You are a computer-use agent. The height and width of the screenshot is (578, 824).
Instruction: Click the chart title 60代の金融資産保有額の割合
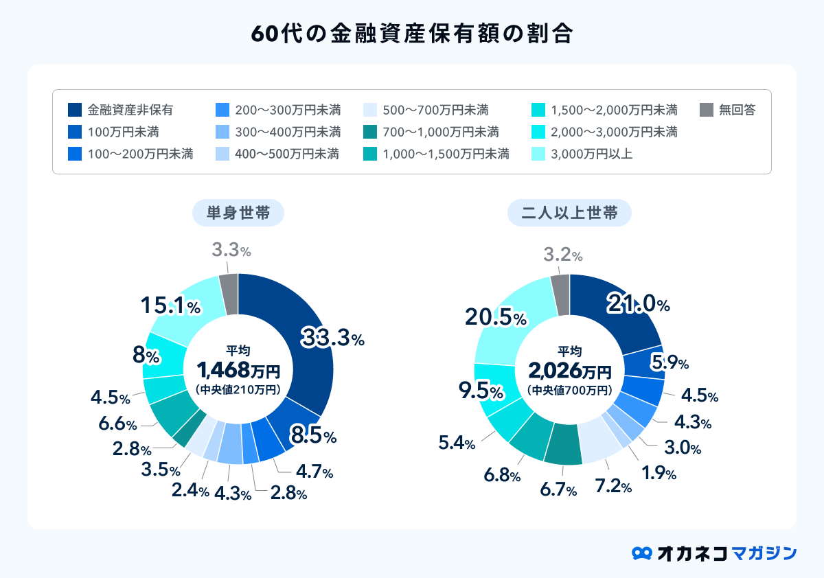411,34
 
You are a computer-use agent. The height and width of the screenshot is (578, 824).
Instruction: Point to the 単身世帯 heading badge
238,213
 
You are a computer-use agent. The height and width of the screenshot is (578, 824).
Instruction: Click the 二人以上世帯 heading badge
569,213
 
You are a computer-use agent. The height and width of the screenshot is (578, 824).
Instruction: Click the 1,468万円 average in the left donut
238,371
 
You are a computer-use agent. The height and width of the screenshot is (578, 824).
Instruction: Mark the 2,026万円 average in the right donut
569,371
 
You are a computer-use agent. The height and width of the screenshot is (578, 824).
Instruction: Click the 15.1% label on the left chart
170,306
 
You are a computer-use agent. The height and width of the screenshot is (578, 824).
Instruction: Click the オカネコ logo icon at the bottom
641,553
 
